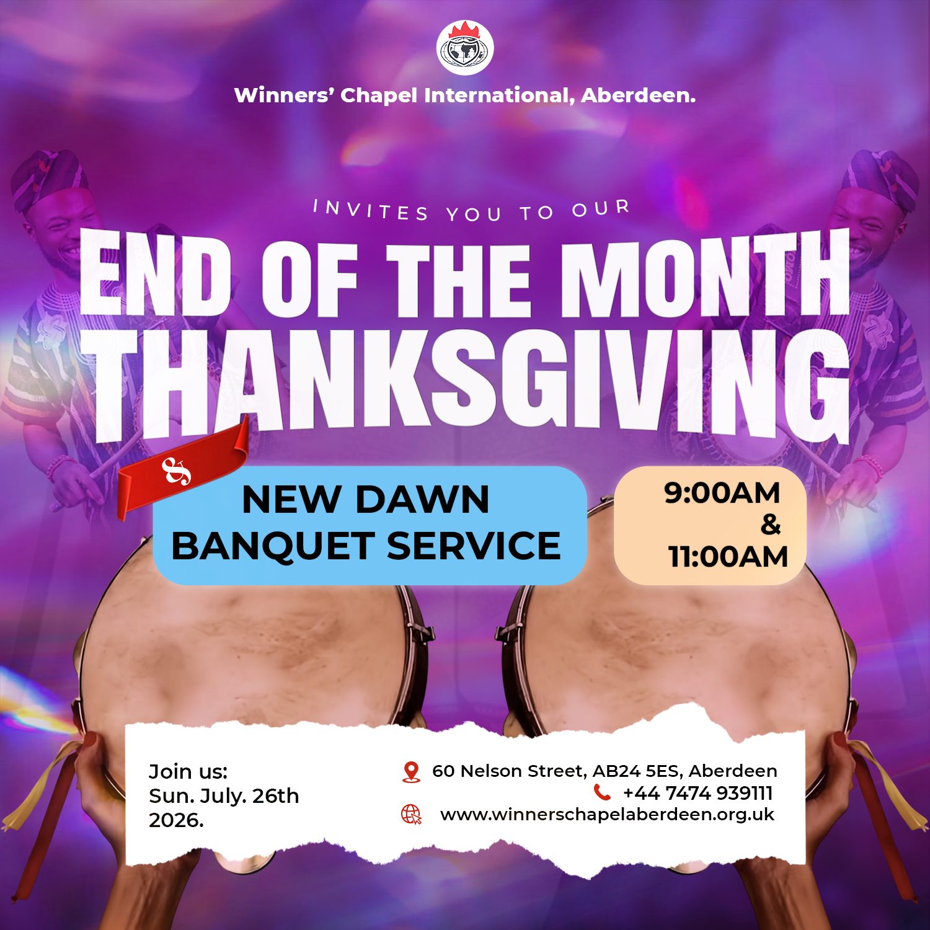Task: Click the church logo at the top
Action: coord(465,48)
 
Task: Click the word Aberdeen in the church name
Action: coord(638,95)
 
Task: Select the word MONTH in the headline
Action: coord(706,273)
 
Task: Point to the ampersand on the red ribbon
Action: coord(176,471)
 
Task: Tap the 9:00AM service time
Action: coord(722,493)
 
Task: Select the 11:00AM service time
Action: coord(728,556)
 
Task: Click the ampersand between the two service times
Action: coord(771,525)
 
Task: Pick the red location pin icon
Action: coord(411,772)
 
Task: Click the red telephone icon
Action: coord(602,792)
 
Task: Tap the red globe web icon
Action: coord(411,815)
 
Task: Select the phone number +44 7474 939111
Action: coord(698,793)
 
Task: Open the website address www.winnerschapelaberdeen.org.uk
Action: coord(608,815)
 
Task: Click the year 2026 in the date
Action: coord(176,820)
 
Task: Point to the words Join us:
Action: coord(188,772)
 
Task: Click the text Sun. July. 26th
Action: coord(224,796)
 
